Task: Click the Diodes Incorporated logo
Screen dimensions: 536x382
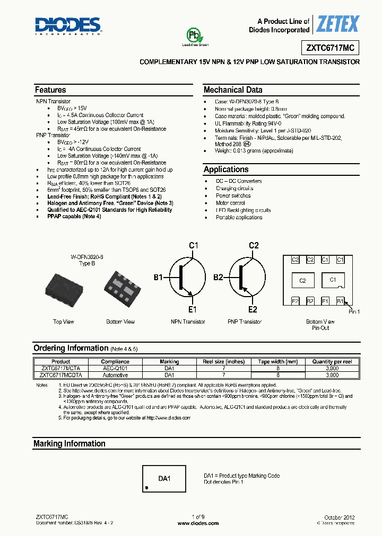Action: [68, 25]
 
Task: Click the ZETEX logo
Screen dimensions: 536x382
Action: [337, 24]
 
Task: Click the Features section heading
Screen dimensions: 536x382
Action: [50, 90]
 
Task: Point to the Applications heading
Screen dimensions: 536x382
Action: [226, 169]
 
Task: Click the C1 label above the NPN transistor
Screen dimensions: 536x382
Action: [194, 245]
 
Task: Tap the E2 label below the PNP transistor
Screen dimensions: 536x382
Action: [253, 310]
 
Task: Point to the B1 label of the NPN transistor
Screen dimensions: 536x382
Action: [159, 277]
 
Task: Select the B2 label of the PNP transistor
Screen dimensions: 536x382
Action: [219, 277]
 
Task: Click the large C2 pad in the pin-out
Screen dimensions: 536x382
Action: [302, 281]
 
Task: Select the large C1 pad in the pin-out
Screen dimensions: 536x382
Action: [333, 280]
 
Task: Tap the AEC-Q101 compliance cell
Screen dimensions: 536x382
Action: [115, 368]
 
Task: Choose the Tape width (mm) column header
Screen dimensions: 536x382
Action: [278, 362]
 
